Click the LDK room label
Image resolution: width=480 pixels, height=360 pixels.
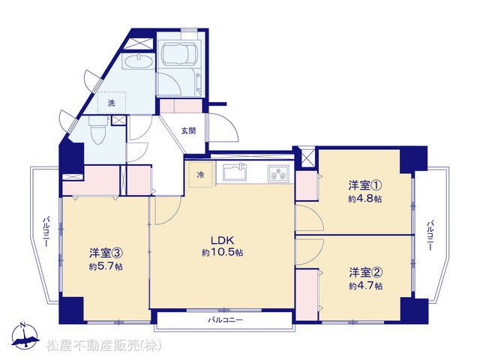pyautogui.click(x=223, y=240)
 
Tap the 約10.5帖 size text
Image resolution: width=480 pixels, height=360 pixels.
pyautogui.click(x=223, y=252)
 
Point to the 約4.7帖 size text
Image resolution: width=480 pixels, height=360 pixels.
pyautogui.click(x=365, y=286)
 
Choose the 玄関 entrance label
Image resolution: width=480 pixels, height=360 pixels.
pyautogui.click(x=188, y=130)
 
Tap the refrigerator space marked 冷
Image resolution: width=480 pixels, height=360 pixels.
pyautogui.click(x=200, y=175)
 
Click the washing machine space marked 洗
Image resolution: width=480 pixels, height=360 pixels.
pyautogui.click(x=112, y=103)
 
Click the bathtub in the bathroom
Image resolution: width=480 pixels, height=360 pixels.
pyautogui.click(x=179, y=54)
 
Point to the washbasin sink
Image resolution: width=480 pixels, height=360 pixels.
pyautogui.click(x=138, y=62)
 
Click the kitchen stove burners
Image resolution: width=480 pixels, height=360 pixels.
pyautogui.click(x=278, y=174)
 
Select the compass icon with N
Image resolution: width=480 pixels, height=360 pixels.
pyautogui.click(x=25, y=336)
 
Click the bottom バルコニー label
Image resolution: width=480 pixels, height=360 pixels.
pyautogui.click(x=225, y=320)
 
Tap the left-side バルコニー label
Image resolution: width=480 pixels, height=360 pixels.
pyautogui.click(x=46, y=232)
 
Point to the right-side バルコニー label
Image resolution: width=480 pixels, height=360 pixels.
pyautogui.click(x=430, y=235)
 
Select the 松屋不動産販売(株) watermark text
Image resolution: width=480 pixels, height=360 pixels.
pyautogui.click(x=103, y=346)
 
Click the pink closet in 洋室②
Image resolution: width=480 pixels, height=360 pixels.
pyautogui.click(x=307, y=295)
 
